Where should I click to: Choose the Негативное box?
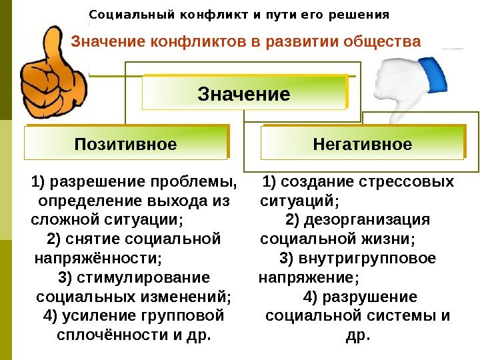pos(362,144)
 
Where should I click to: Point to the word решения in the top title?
pos(363,14)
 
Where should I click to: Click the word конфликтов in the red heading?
pos(201,42)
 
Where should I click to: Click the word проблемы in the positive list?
pos(194,182)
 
